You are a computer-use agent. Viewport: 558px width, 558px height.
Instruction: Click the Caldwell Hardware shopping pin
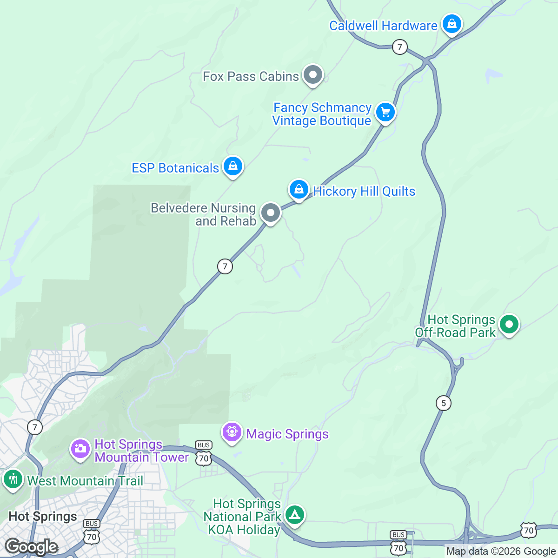click(452, 23)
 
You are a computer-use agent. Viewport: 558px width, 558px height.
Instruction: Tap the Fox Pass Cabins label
click(251, 76)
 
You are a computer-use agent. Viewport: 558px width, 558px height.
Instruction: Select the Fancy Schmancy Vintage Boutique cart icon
click(385, 112)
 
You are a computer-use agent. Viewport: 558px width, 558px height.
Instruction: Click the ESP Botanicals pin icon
click(233, 165)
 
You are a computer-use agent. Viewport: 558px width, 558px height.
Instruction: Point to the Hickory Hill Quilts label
click(364, 191)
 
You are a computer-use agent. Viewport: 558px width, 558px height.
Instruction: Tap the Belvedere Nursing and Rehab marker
click(270, 213)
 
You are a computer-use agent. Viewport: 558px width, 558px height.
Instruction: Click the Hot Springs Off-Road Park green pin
click(509, 324)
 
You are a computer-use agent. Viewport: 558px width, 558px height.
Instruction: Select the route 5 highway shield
click(444, 403)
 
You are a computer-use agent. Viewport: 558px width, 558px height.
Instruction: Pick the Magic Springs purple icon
click(232, 432)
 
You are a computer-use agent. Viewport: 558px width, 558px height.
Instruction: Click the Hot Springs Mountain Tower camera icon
click(80, 448)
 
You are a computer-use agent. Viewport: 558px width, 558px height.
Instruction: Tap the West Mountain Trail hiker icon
click(13, 478)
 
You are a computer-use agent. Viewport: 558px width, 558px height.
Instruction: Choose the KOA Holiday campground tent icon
click(294, 514)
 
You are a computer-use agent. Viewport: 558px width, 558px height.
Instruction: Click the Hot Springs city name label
click(43, 517)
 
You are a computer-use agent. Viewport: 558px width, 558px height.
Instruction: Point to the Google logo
click(32, 547)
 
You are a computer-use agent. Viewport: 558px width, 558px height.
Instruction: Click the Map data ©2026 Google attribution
click(501, 551)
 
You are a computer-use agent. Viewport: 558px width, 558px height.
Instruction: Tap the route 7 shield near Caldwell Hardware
click(399, 46)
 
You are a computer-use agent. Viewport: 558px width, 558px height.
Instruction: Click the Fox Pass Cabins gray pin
click(313, 74)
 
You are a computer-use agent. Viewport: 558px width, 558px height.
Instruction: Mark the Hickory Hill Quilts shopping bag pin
click(299, 189)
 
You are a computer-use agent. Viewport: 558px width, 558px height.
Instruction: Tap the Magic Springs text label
click(287, 434)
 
